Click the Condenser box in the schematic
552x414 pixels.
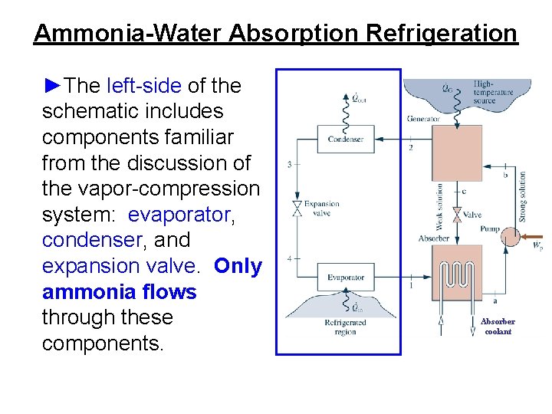tap(345, 140)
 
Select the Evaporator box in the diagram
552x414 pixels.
tap(345, 277)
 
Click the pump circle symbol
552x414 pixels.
tap(509, 237)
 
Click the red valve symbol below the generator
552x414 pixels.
tap(456, 214)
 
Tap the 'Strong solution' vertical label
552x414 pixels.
tap(523, 196)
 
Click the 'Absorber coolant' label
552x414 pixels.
tap(498, 327)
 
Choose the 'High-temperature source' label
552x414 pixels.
tap(493, 92)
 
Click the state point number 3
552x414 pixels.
tap(289, 165)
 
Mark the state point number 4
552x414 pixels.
tap(289, 258)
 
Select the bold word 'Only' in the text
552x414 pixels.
tap(238, 266)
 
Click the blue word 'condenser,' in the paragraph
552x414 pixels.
tap(95, 240)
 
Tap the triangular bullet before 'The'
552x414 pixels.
tap(51, 85)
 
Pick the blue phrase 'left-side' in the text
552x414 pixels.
tap(144, 85)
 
